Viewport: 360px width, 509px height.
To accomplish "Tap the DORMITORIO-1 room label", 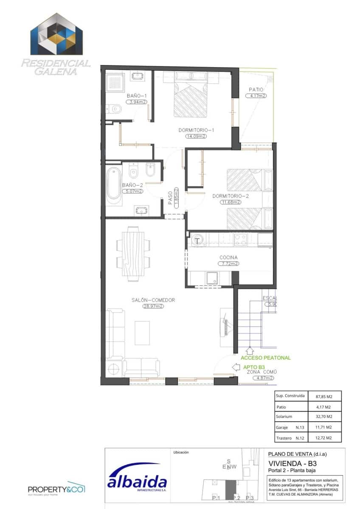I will (x=196, y=130).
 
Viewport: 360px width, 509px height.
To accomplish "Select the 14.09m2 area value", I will (x=196, y=137).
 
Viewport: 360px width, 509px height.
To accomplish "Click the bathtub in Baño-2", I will (x=114, y=185).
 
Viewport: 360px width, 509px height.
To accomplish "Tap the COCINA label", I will (x=228, y=257).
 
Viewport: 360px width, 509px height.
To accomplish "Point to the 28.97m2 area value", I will (x=153, y=307).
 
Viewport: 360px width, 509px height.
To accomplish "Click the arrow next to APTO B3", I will (x=235, y=367).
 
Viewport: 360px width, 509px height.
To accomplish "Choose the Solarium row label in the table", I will (x=284, y=417).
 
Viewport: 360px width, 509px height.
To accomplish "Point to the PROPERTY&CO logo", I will (x=56, y=489).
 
